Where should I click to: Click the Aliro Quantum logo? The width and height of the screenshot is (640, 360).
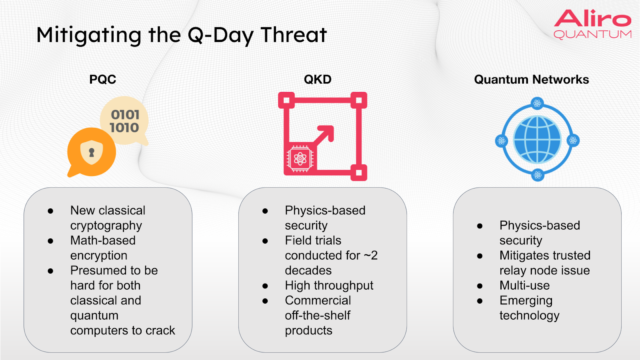point(592,24)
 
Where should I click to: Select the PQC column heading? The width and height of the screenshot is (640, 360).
point(102,80)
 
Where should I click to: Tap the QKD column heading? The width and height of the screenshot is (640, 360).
point(318,80)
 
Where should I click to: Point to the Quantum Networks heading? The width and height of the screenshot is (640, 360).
point(532,80)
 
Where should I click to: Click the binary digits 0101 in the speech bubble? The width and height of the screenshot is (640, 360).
point(125,115)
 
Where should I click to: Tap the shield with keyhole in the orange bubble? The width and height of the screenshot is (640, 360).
point(92,152)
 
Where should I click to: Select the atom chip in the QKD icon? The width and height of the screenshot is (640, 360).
point(300,158)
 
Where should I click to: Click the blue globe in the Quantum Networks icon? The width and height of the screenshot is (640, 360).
point(537,140)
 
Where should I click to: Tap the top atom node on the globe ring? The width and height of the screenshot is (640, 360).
point(537,103)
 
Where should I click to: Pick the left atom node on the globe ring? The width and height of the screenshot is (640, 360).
point(502,140)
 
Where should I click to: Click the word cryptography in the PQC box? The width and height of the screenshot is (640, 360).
point(106,226)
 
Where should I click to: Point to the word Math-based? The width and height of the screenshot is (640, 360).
point(103,240)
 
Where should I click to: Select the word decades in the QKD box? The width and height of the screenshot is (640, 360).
point(308,270)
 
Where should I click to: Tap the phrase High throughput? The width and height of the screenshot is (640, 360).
point(329,286)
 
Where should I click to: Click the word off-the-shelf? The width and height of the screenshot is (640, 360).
point(318,316)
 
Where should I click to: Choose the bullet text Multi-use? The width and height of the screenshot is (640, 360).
point(524,286)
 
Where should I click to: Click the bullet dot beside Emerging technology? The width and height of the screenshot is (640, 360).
point(480,300)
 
